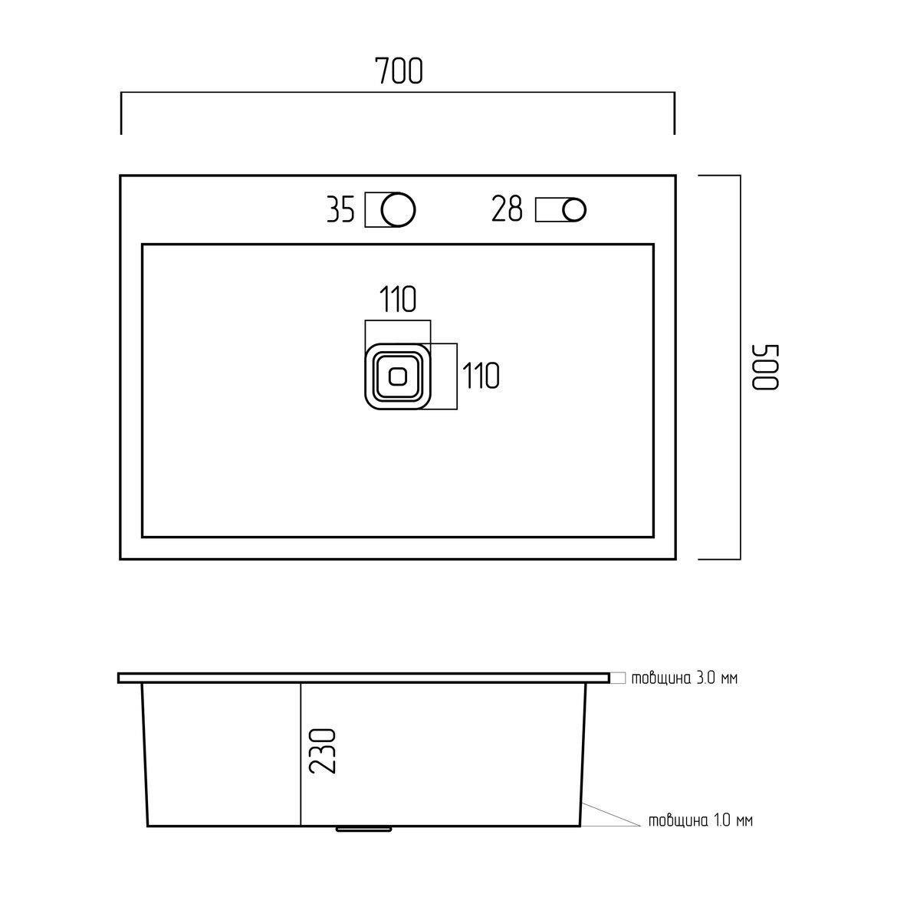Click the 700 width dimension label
point(399,71)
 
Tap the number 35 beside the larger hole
point(340,209)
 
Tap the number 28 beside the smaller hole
point(507,209)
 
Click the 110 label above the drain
point(398,299)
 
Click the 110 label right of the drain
point(481,376)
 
